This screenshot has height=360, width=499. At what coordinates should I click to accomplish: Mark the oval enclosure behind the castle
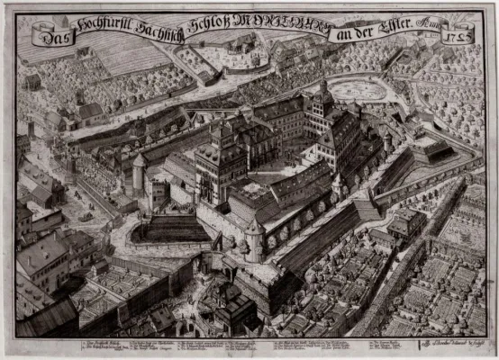(x=358, y=89)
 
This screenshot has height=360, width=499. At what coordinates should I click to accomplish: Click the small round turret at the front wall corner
(x=254, y=236)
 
